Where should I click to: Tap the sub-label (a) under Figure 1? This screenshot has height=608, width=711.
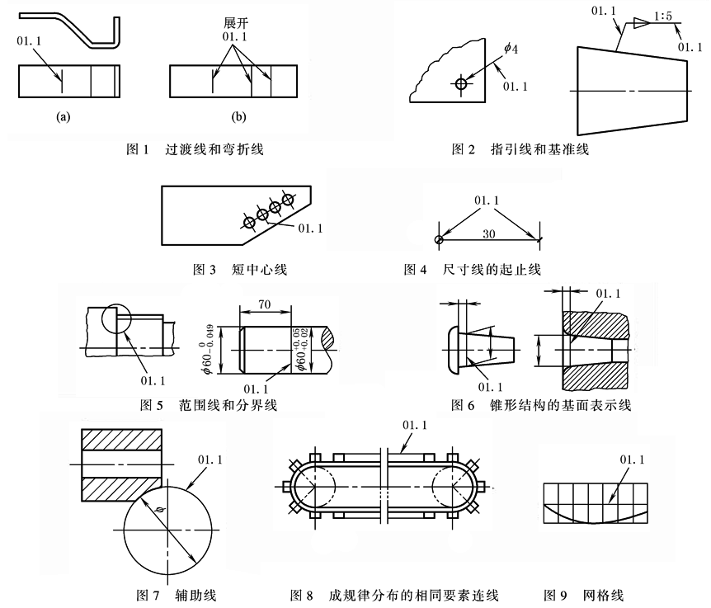pyautogui.click(x=63, y=117)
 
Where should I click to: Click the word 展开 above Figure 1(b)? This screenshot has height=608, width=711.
pyautogui.click(x=235, y=26)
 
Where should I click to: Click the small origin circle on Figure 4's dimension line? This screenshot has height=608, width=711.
pyautogui.click(x=439, y=239)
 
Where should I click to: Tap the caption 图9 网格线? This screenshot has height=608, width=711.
pyautogui.click(x=590, y=594)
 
